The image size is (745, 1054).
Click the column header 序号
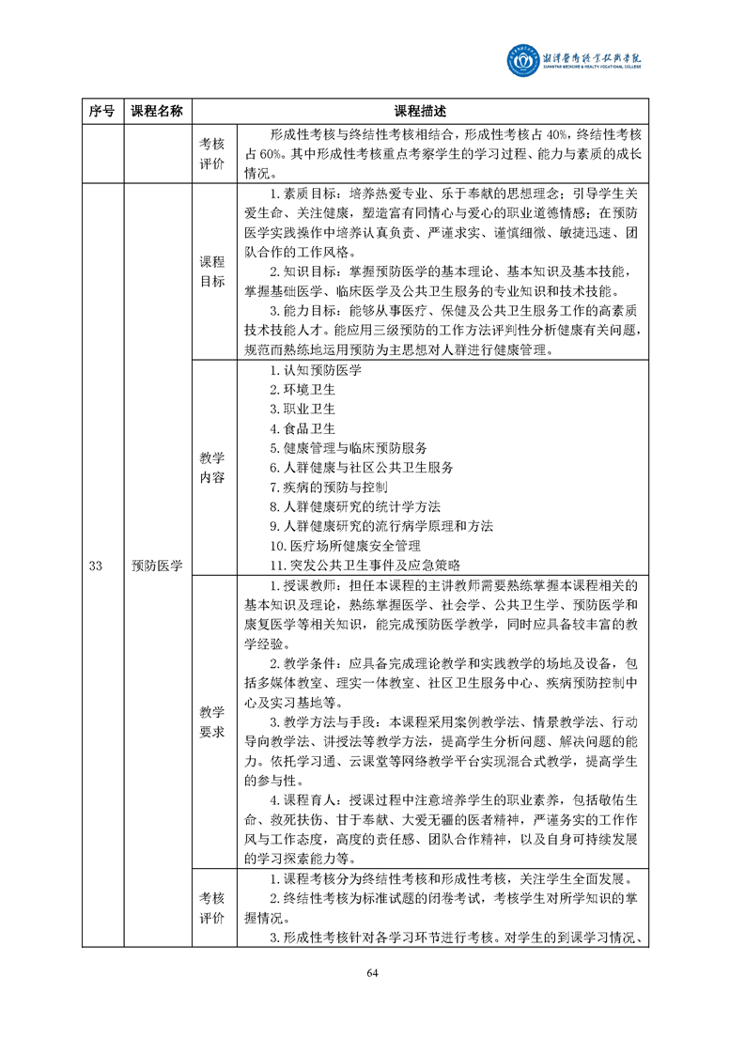click(x=101, y=111)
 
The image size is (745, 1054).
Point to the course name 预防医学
click(x=156, y=565)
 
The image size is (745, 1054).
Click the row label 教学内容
click(x=212, y=467)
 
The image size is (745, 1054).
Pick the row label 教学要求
click(x=212, y=721)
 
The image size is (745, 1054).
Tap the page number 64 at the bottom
click(x=372, y=971)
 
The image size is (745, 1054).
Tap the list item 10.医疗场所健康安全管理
click(x=344, y=545)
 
